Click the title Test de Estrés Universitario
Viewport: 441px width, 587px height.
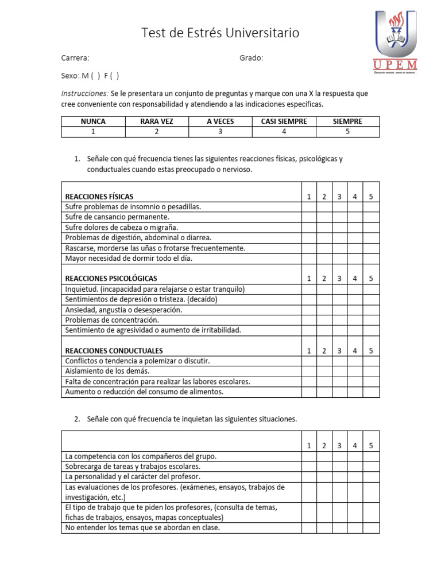tap(220, 33)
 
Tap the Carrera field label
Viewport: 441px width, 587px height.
tap(75, 58)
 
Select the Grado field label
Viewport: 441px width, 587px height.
tap(251, 58)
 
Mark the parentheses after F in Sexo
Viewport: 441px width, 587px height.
tap(115, 76)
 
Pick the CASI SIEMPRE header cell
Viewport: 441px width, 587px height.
tap(284, 122)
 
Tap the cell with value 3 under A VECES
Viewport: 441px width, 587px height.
tap(220, 131)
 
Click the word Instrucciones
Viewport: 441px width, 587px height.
tap(84, 93)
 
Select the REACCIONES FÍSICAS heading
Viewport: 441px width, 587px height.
tap(99, 197)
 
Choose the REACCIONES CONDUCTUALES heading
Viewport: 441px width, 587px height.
tap(114, 351)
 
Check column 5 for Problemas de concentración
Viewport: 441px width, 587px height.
tap(371, 320)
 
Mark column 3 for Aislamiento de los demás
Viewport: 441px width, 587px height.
tap(339, 371)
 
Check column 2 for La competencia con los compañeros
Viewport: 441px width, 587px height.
tap(324, 456)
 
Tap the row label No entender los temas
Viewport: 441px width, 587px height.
tap(142, 528)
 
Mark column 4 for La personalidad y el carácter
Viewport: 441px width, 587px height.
tap(355, 477)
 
